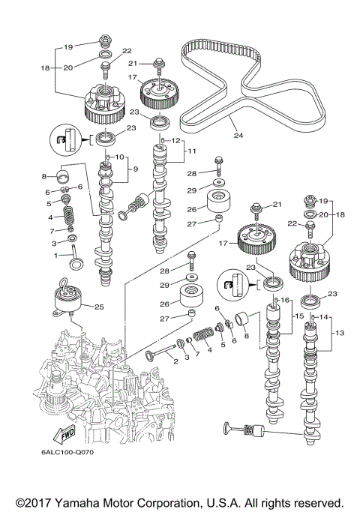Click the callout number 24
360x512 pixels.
[x=239, y=136]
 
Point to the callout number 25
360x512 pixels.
[x=98, y=306]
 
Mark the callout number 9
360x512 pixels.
[x=136, y=169]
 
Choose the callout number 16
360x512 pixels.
[x=286, y=300]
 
